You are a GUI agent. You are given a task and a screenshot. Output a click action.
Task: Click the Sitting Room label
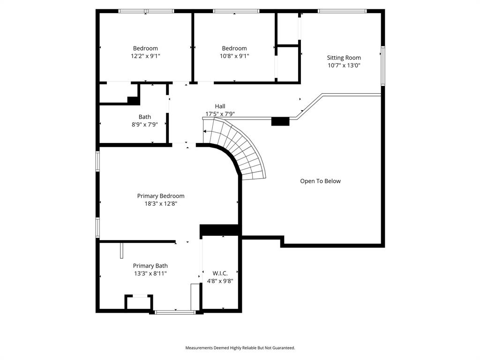[x=344, y=58]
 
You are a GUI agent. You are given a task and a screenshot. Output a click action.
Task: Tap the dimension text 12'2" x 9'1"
[x=145, y=56]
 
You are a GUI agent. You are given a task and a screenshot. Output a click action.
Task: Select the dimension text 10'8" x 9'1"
[x=234, y=56]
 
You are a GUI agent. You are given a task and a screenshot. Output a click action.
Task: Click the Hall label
[x=220, y=106]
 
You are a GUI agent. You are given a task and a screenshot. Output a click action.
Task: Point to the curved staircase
[x=239, y=148]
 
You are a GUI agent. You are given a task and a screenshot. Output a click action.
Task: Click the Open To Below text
[x=320, y=181]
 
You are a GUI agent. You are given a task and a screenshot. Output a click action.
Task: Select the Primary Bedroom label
[x=160, y=196]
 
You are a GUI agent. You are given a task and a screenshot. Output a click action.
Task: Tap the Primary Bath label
[x=150, y=266]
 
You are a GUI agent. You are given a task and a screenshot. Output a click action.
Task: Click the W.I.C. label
[x=220, y=273]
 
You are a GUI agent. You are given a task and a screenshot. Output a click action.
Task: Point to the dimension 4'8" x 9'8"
[x=220, y=281]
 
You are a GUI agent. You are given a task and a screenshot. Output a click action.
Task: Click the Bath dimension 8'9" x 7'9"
[x=145, y=125]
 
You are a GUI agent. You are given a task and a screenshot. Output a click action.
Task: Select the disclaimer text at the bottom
[x=240, y=348]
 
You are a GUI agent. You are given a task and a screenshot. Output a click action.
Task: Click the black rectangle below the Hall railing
[x=280, y=121]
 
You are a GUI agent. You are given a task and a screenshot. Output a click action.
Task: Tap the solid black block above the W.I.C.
[x=220, y=230]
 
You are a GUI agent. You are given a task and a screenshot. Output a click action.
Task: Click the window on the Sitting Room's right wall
[x=383, y=66]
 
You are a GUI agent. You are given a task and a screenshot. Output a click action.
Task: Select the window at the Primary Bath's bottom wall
[x=175, y=312]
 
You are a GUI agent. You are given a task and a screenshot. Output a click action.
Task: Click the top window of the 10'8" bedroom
[x=236, y=11]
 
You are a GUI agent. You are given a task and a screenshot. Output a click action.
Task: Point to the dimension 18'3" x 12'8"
[x=160, y=203]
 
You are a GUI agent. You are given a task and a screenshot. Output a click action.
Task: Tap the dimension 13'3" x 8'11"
[x=150, y=273]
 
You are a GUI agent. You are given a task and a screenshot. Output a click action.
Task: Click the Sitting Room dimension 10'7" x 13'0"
[x=344, y=66]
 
